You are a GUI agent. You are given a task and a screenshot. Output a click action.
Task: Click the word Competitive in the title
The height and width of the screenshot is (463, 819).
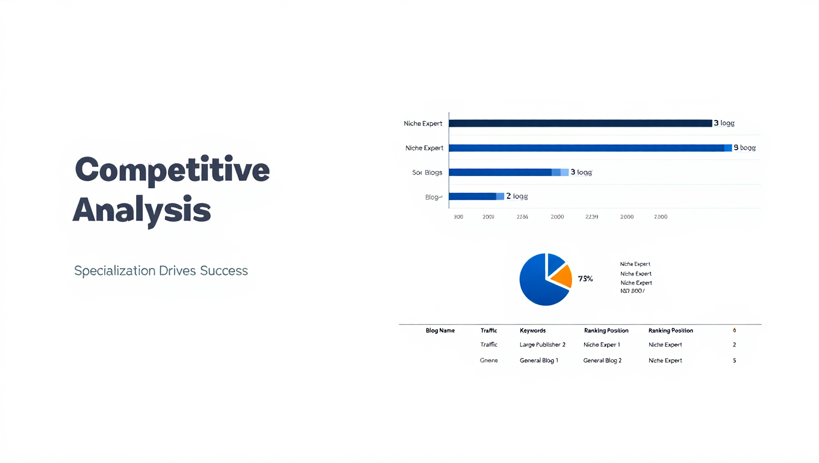tap(172, 170)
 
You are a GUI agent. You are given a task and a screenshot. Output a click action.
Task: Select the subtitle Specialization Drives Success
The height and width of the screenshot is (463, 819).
tap(161, 271)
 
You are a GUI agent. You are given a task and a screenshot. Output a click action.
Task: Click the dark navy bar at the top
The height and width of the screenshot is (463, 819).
tap(580, 123)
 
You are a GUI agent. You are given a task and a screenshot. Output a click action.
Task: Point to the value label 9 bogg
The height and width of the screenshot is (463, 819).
tap(744, 148)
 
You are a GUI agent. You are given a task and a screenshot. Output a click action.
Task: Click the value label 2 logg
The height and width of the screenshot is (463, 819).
tap(517, 196)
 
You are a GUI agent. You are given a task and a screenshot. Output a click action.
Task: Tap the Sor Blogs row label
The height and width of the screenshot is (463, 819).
tap(427, 172)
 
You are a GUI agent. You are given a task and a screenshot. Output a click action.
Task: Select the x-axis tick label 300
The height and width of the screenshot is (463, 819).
tap(458, 217)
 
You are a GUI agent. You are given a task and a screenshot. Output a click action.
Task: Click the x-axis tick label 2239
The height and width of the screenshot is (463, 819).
tap(591, 217)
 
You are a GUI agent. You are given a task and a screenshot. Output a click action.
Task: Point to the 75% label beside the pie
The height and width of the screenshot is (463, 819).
tap(585, 279)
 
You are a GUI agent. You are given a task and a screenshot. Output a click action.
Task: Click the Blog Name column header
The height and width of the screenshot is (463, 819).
tap(440, 330)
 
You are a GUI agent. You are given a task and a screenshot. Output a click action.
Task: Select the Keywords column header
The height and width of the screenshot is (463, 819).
tap(532, 330)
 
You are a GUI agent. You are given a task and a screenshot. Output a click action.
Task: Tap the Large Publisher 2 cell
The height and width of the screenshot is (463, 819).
tap(542, 345)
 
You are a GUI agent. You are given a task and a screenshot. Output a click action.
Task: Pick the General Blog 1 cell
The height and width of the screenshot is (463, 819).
tap(538, 361)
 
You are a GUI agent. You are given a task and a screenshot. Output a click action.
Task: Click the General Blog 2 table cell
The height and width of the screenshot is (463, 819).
tap(602, 361)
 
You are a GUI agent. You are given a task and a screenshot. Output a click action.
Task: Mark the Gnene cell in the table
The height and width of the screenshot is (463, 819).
tap(488, 361)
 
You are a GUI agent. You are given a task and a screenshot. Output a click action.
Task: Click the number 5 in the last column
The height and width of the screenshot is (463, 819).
tap(734, 361)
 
